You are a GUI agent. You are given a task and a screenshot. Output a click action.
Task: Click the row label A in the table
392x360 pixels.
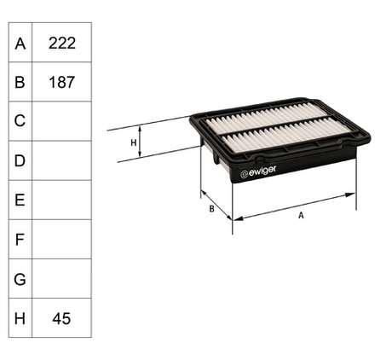(20, 44)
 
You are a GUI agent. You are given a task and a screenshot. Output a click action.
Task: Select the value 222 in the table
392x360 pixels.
(62, 44)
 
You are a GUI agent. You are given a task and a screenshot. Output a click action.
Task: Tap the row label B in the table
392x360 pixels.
(20, 82)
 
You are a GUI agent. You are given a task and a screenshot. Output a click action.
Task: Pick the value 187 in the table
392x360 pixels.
(61, 82)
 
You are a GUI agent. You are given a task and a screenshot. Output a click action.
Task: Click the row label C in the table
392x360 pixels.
(20, 121)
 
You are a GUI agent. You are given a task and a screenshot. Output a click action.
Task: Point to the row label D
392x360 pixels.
(20, 160)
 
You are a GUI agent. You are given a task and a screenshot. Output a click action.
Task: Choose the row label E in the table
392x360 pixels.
(20, 200)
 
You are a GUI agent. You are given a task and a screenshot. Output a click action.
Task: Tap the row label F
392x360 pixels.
(20, 240)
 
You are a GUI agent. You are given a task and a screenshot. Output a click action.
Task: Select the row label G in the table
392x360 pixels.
(20, 279)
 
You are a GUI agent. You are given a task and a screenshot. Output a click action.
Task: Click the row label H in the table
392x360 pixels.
(20, 318)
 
